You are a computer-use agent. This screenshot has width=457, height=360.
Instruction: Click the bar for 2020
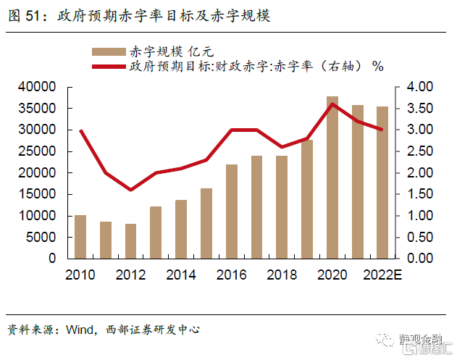click(x=332, y=177)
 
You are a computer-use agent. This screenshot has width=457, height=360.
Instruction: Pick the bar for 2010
click(x=80, y=237)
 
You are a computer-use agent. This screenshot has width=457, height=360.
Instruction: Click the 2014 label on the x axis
click(x=180, y=275)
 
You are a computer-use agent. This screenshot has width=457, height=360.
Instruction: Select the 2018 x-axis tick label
click(x=281, y=275)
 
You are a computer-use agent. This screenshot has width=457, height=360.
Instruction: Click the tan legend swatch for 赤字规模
click(x=108, y=51)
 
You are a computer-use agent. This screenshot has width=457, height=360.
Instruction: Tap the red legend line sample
click(x=108, y=67)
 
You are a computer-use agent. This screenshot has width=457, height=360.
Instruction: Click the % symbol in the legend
click(x=377, y=67)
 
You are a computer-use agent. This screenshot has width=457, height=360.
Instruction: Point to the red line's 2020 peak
click(x=332, y=104)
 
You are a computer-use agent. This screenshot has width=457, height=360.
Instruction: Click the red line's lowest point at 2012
click(x=131, y=190)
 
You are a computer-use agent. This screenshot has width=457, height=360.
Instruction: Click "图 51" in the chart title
click(x=22, y=15)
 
